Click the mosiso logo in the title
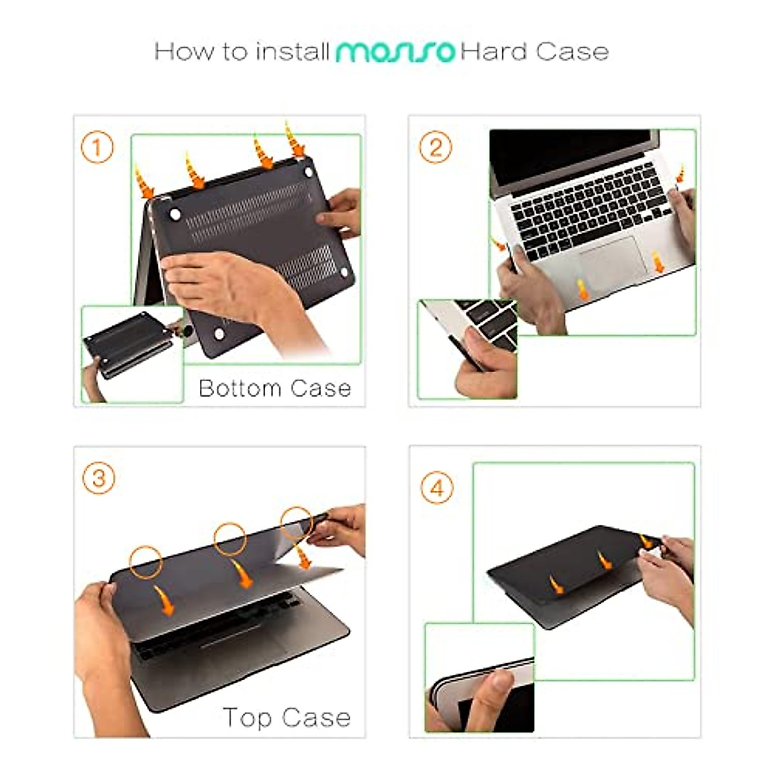[395, 52]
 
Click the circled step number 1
[97, 148]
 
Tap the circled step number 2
[435, 148]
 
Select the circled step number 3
[99, 479]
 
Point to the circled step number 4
[437, 488]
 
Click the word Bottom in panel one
[240, 388]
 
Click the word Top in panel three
[247, 718]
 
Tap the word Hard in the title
[493, 52]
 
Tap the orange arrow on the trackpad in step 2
[583, 290]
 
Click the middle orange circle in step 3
[230, 538]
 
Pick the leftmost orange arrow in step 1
[144, 181]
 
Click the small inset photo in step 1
[132, 353]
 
